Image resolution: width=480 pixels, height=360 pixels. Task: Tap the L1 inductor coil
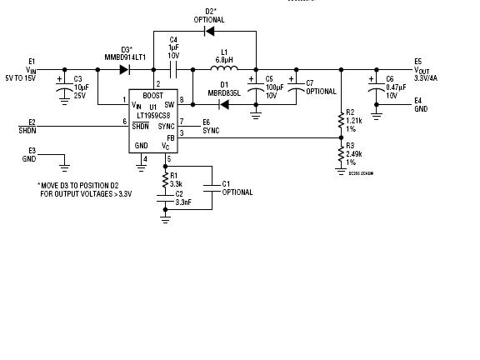coord(224,70)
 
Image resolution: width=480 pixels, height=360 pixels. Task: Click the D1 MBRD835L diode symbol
coord(223,104)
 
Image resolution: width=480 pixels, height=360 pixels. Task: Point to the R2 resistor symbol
coord(341,120)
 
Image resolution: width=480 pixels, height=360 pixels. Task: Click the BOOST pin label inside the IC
coord(152,95)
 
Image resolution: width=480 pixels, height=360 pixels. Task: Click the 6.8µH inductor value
coord(223,60)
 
